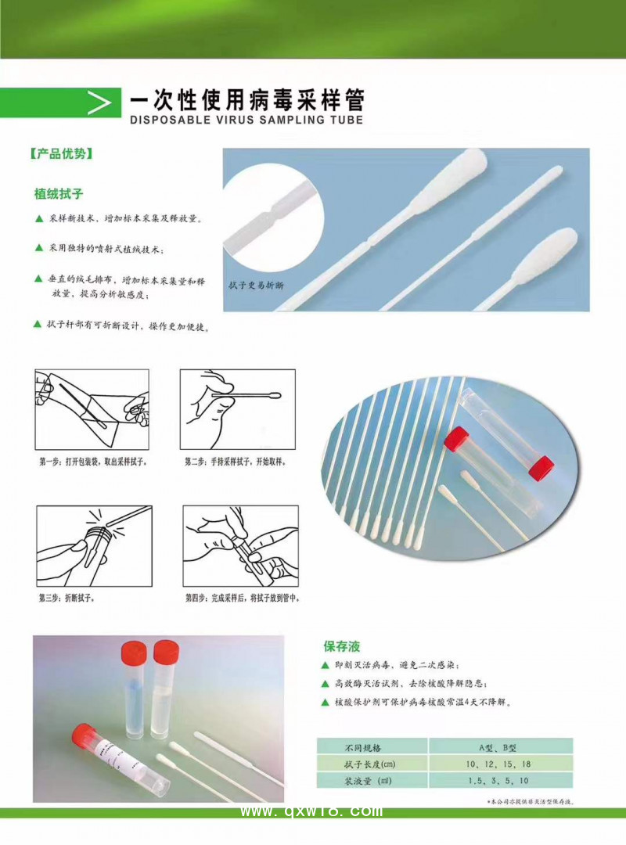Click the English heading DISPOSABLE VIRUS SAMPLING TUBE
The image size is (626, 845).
[x=245, y=120]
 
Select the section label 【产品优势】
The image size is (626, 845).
[x=60, y=153]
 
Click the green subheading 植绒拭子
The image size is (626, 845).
[x=58, y=192]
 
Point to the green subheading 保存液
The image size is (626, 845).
[x=342, y=646]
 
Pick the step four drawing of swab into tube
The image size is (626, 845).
[x=240, y=545]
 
